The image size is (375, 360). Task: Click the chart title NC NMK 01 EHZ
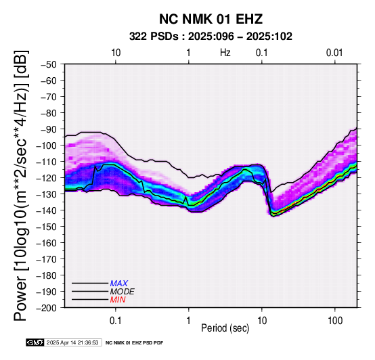[211, 19]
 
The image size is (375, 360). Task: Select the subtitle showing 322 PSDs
[211, 37]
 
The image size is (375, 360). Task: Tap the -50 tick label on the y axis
[49, 64]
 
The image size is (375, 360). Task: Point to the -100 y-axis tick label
[47, 145]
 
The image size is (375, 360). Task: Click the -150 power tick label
[47, 227]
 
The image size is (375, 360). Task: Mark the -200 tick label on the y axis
[47, 308]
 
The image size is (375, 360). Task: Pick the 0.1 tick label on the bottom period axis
[116, 321]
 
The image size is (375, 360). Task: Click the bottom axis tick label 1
[188, 321]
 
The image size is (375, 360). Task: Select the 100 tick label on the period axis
[335, 321]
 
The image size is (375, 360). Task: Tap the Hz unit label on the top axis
[225, 53]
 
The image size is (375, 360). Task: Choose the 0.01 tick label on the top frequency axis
[334, 53]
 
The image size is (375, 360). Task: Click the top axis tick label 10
[116, 53]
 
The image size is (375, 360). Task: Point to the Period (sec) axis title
[225, 328]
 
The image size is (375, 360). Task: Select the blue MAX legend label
[119, 284]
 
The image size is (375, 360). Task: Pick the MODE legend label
[123, 292]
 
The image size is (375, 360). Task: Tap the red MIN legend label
[118, 300]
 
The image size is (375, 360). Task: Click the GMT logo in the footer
[35, 342]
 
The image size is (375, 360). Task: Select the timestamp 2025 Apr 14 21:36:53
[72, 343]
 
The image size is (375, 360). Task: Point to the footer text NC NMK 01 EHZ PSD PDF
[135, 343]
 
